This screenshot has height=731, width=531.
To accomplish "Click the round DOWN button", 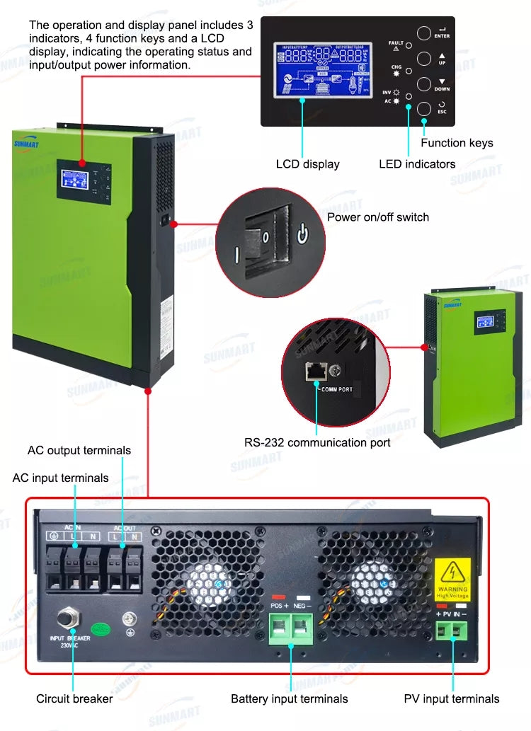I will pyautogui.click(x=423, y=84).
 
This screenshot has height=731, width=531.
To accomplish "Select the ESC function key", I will pyautogui.click(x=423, y=108).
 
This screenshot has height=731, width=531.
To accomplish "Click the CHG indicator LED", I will pyautogui.click(x=409, y=71).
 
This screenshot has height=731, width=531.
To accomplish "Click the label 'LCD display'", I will pyautogui.click(x=307, y=164).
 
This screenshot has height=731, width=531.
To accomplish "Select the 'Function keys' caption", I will pyautogui.click(x=457, y=143).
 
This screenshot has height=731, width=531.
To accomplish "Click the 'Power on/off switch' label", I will pyautogui.click(x=377, y=217).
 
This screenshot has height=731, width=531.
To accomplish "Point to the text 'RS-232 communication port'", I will pyautogui.click(x=317, y=443).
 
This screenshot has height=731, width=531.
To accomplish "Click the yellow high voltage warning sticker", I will pyautogui.click(x=452, y=579).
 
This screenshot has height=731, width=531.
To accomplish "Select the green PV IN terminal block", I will pyautogui.click(x=452, y=627).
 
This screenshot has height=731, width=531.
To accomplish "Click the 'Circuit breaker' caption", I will pyautogui.click(x=74, y=699).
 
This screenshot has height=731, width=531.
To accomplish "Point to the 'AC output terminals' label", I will pyautogui.click(x=79, y=451).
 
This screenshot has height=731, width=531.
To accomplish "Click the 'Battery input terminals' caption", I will pyautogui.click(x=289, y=699).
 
